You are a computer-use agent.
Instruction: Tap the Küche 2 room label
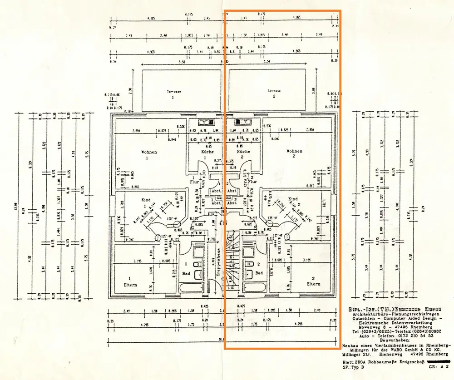(243, 151)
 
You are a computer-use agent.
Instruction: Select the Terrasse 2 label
(274, 91)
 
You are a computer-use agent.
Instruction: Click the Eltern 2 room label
(313, 284)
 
